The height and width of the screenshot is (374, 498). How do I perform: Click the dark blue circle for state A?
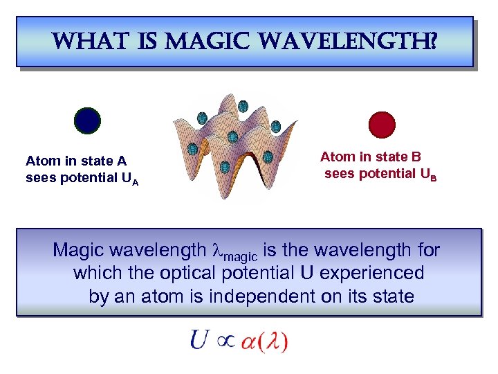pos(88,120)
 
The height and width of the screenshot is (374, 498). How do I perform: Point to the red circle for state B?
pos(382,125)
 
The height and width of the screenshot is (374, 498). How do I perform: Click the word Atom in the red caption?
pos(335,157)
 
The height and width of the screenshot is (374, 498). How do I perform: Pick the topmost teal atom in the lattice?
pos(243,106)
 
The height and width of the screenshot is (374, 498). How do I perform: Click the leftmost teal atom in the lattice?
pos(193,148)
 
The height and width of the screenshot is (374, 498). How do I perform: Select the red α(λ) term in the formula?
pos(264,341)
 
